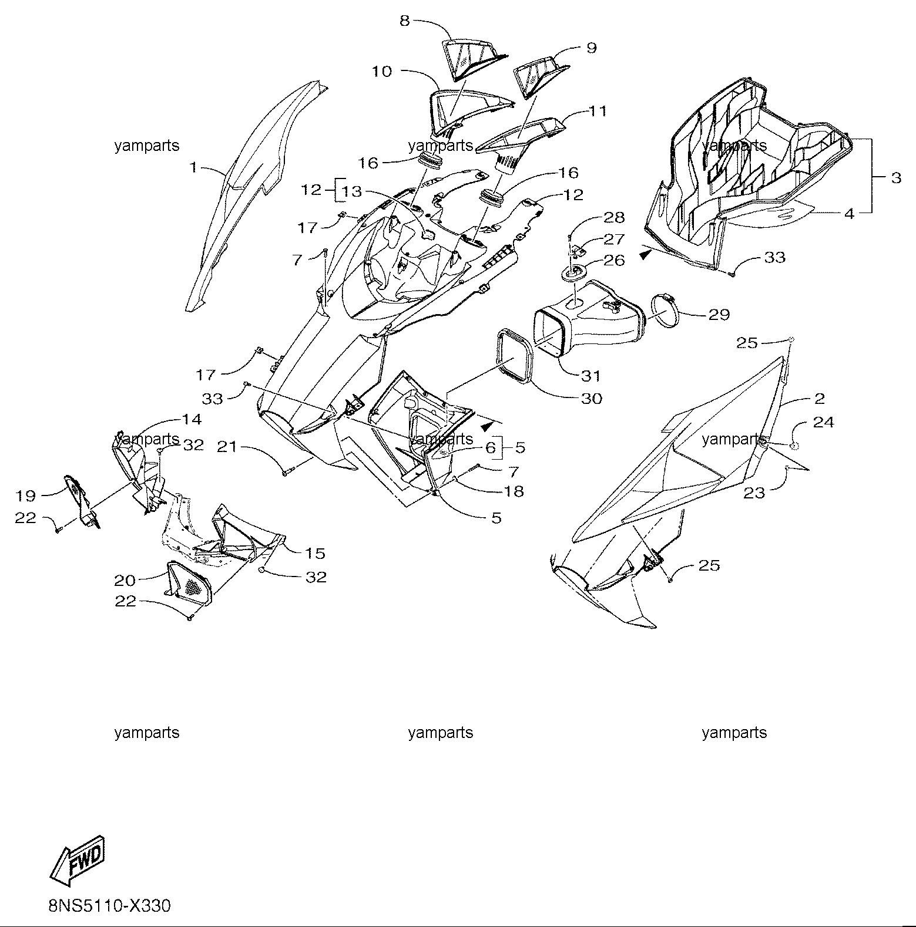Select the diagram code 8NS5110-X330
pos(109,906)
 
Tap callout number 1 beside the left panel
pos(194,168)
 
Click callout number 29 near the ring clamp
pos(719,315)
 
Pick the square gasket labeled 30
pos(517,358)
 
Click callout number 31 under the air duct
pos(590,376)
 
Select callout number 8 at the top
pos(404,21)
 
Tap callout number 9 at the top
pos(592,48)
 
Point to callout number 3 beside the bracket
pos(896,177)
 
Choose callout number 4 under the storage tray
pos(849,214)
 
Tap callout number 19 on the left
pos(26,495)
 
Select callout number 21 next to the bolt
pos(227,447)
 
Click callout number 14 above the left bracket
pos(192,420)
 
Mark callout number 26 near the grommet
pos(615,260)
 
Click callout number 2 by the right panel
pos(820,399)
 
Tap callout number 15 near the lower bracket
pos(315,554)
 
